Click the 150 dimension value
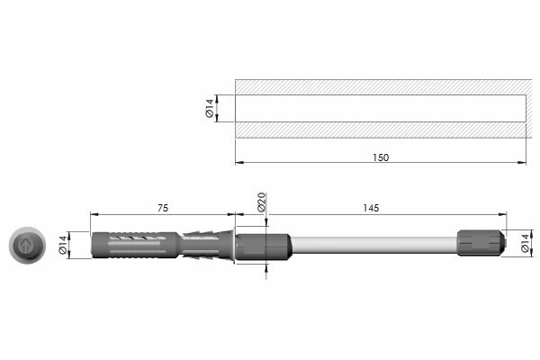(381, 157)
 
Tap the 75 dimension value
(163, 208)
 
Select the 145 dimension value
(371, 208)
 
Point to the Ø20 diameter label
(261, 202)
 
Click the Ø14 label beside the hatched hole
(210, 108)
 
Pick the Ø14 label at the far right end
(525, 243)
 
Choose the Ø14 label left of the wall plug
(63, 245)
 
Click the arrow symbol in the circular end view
(25, 246)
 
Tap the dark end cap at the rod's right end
(481, 243)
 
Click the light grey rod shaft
(374, 245)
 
